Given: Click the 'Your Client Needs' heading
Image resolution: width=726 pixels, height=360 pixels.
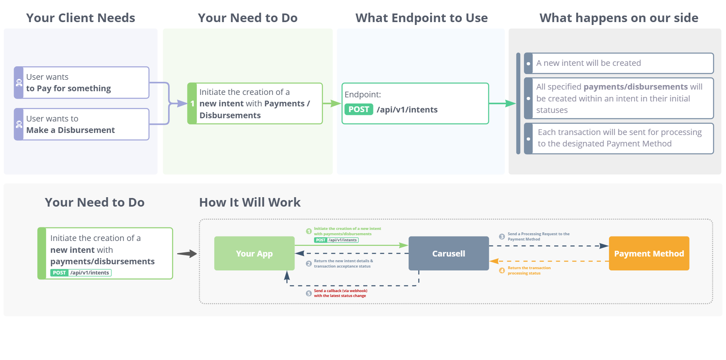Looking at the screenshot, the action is [x=81, y=18].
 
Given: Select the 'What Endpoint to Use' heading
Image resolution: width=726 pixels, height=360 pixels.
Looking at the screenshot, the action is [x=421, y=18].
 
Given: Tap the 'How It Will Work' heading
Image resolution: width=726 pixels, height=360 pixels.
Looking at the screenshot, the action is [x=249, y=202].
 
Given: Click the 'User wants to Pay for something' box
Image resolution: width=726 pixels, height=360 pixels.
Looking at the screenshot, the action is [x=81, y=83].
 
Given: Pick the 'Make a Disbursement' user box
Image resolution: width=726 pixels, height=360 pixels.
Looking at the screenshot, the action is [x=81, y=124].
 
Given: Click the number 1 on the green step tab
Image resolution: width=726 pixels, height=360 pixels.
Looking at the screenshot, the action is [x=192, y=104].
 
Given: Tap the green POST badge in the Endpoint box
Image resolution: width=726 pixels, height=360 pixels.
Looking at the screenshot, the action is [x=359, y=110].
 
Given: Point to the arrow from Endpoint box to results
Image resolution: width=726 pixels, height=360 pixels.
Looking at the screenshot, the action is [x=502, y=103].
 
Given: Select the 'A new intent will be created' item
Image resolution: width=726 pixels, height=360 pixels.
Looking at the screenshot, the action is [x=619, y=63].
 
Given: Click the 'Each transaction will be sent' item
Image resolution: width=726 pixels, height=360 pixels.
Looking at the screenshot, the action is [x=619, y=138].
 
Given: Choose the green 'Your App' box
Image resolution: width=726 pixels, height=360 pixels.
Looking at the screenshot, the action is [x=254, y=253].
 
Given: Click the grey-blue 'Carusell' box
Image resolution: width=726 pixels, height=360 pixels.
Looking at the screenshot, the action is [x=449, y=253].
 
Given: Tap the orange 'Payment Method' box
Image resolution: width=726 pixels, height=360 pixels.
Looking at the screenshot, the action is [x=649, y=253].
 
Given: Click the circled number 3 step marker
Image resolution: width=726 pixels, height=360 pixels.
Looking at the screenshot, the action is [x=502, y=236].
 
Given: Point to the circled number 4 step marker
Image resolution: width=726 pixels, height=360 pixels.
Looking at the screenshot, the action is [x=502, y=270].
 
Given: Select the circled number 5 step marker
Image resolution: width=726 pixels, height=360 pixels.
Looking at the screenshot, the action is [x=309, y=293].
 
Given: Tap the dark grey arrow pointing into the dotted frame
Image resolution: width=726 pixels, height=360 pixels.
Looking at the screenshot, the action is [x=187, y=254].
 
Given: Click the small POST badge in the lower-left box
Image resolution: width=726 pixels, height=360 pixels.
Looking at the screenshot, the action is [x=59, y=273].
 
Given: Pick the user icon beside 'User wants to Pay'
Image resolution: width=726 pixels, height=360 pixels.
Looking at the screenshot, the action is [x=19, y=83].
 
